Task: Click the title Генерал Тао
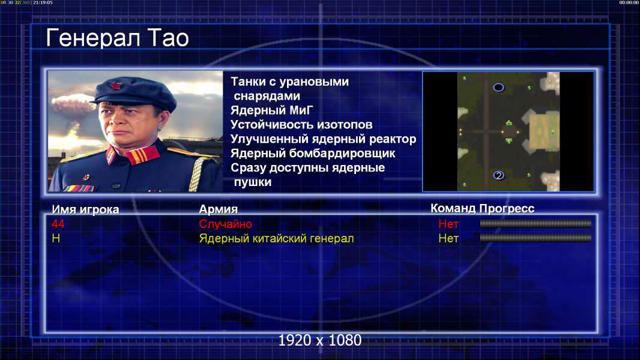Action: click(118, 38)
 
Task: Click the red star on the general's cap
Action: click(116, 86)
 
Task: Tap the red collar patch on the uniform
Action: click(143, 155)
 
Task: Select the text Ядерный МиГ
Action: click(271, 110)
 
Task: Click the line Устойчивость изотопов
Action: click(301, 125)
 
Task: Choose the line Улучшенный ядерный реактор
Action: click(323, 139)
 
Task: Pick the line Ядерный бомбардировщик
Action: click(313, 153)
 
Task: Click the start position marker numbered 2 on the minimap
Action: click(498, 175)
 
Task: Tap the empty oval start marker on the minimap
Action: click(498, 88)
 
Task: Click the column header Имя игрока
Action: click(85, 209)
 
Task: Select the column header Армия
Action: click(218, 209)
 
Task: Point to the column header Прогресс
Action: click(507, 209)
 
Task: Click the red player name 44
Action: click(58, 224)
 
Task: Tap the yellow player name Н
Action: click(56, 239)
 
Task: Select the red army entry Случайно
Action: click(225, 224)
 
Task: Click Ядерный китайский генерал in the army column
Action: click(276, 239)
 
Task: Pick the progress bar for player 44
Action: click(536, 223)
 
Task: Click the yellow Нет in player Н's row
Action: click(448, 239)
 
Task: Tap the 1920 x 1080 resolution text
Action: click(319, 340)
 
